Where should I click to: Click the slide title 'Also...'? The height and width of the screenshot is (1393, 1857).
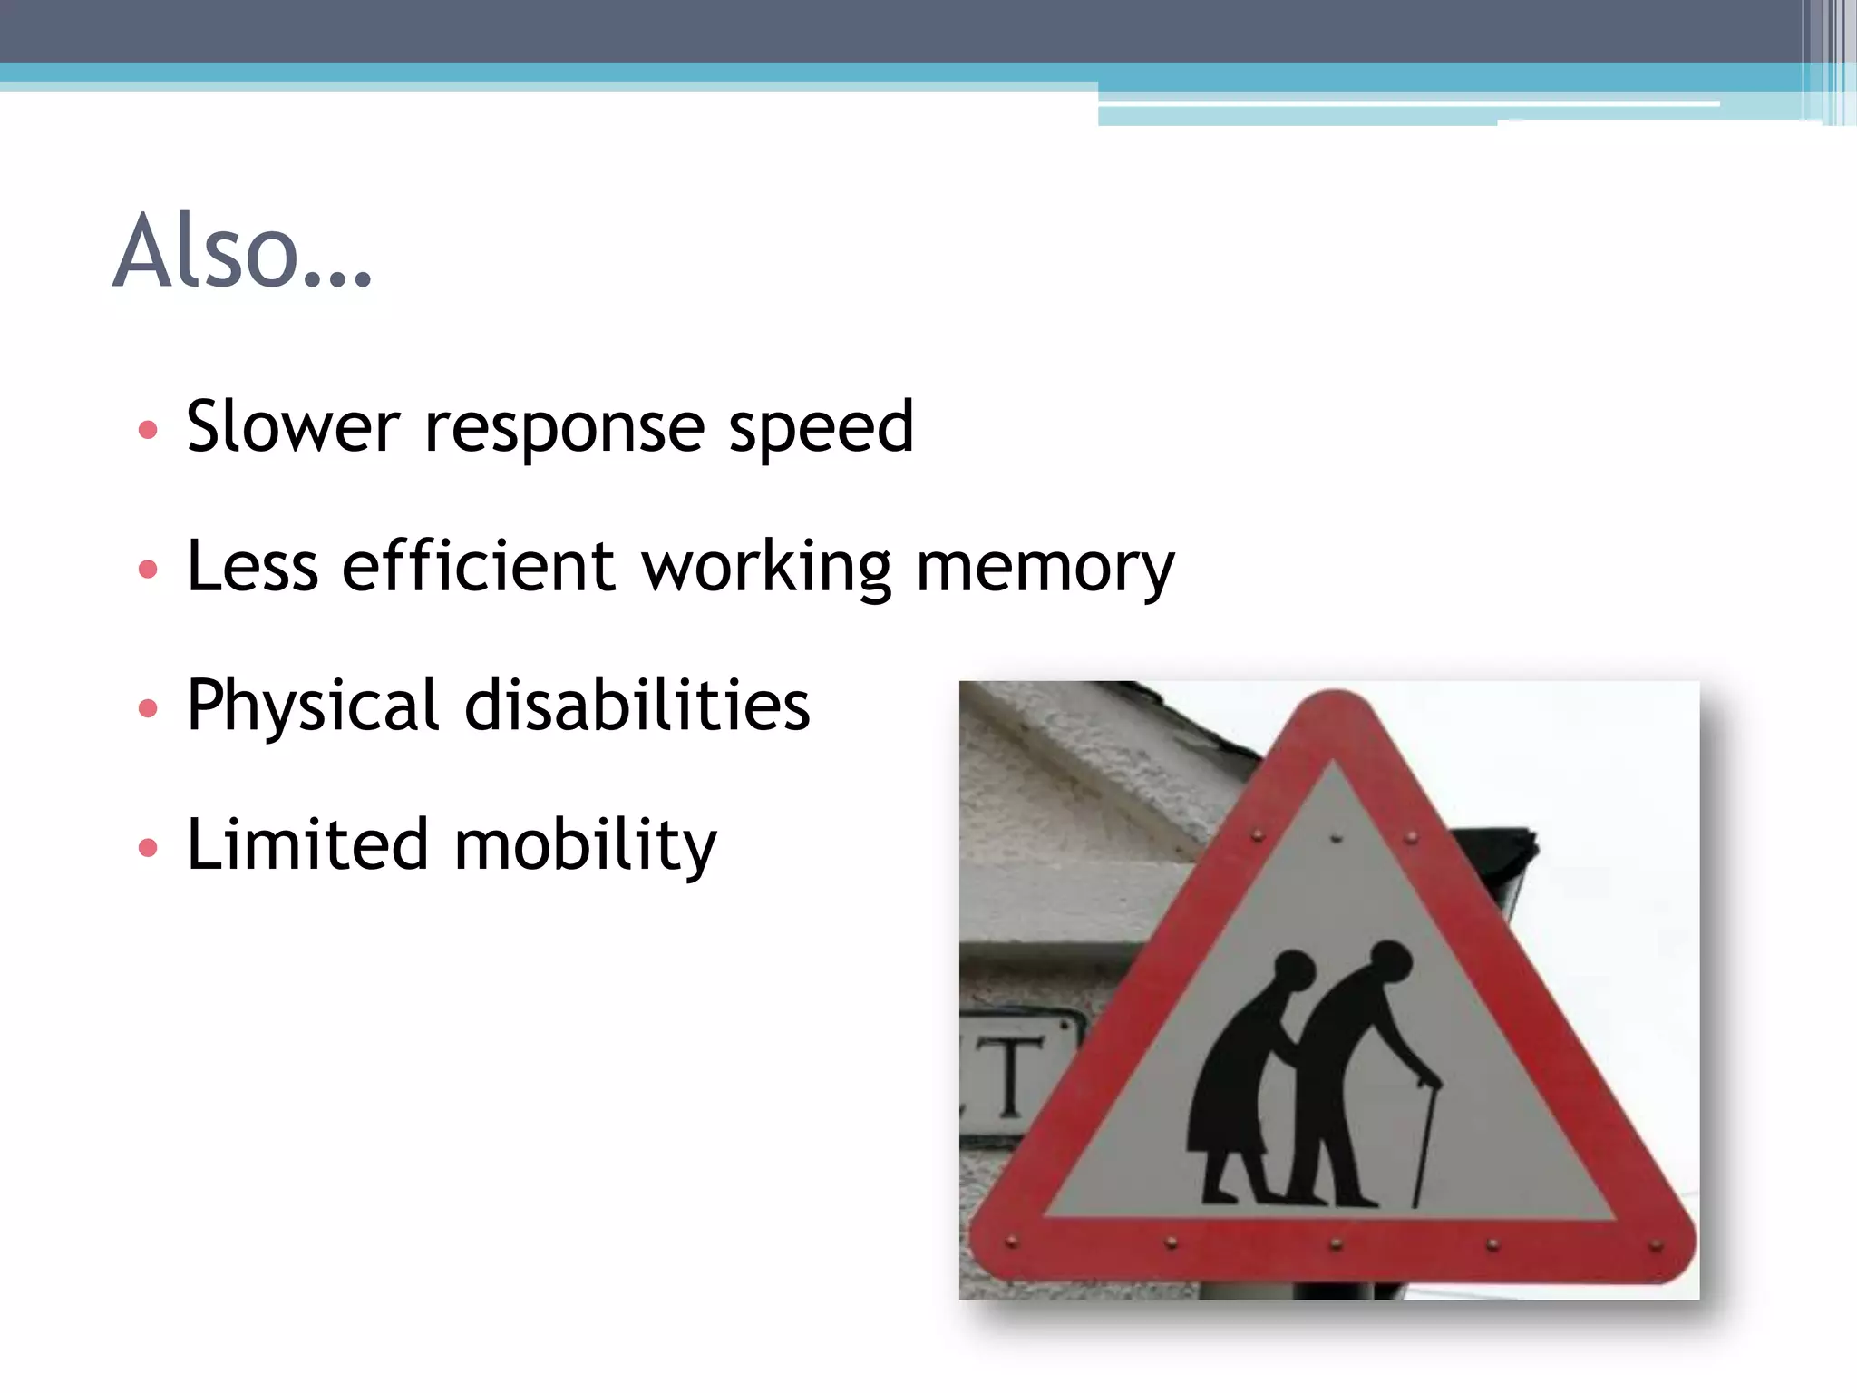coord(242,251)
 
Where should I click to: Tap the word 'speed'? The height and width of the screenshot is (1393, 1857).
coord(821,428)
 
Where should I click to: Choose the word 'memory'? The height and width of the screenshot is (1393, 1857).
coord(1045,569)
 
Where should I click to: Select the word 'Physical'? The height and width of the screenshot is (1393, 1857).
coord(314,706)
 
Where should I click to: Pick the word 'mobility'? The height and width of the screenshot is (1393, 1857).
coord(585,845)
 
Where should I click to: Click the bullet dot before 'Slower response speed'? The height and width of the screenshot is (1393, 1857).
coord(148,429)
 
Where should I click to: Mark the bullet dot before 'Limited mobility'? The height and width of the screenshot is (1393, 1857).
coord(148,848)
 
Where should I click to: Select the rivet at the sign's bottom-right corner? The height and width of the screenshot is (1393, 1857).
coord(1656,1245)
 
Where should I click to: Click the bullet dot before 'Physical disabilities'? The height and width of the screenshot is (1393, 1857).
coord(148,708)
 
